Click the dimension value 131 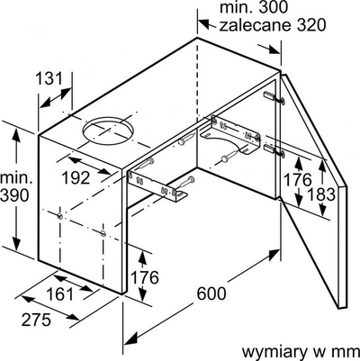pos(49,79)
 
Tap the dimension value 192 pos(76,178)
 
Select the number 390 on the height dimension pos(14,196)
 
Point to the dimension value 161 pos(60,294)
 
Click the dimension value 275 pos(36,320)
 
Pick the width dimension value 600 pos(211,293)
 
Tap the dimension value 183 pos(321,194)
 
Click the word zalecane pos(255,25)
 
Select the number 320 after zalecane pos(311,25)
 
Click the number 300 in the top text pos(273,7)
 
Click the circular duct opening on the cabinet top pos(108,130)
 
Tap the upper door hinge pos(274,98)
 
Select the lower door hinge pos(274,149)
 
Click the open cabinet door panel pos(314,192)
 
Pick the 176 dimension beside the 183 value pos(298,179)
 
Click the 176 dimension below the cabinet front pos(145,277)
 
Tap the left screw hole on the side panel pos(60,215)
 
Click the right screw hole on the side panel pos(103,233)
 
